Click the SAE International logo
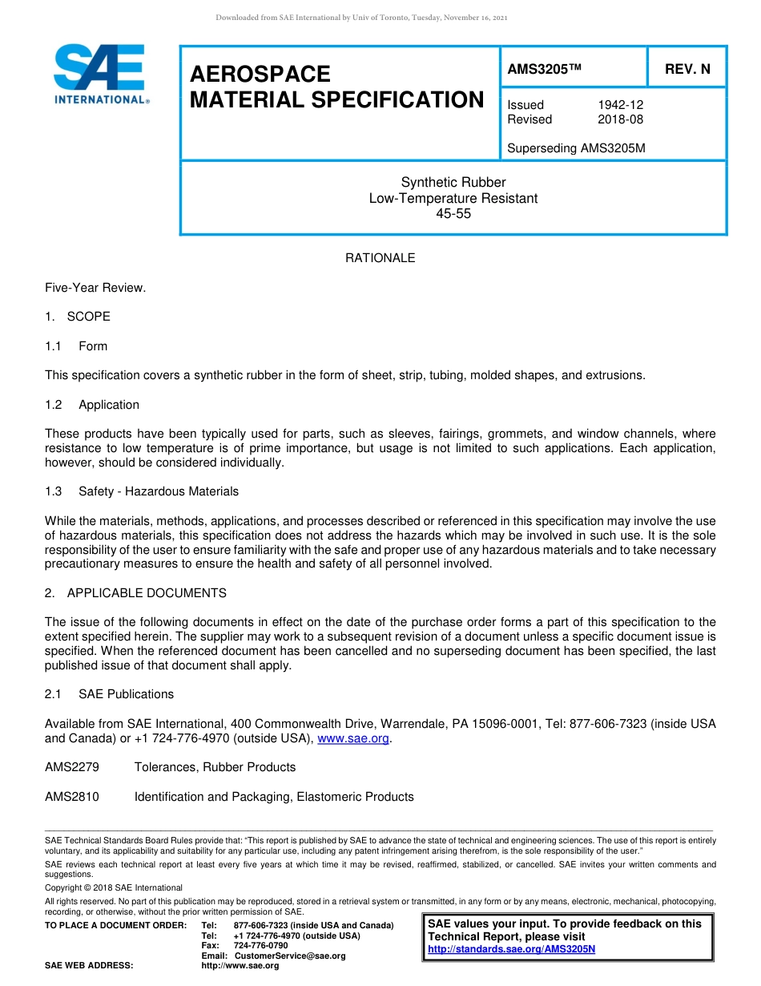[x=99, y=74]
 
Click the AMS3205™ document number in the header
[x=544, y=69]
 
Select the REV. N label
[x=687, y=69]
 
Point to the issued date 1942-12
[x=620, y=105]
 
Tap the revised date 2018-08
[x=620, y=119]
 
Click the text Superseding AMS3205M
[x=576, y=148]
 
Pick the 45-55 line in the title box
[x=453, y=214]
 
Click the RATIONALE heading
[x=380, y=258]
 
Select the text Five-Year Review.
[x=95, y=288]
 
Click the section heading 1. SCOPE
[x=78, y=317]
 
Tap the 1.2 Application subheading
[x=92, y=405]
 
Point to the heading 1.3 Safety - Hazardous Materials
[x=142, y=491]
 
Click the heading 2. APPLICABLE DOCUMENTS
[x=135, y=593]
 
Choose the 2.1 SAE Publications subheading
[x=109, y=694]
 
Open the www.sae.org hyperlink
[x=352, y=738]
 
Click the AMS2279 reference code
[x=72, y=767]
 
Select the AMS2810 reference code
[x=72, y=797]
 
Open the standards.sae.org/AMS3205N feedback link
[x=511, y=949]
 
